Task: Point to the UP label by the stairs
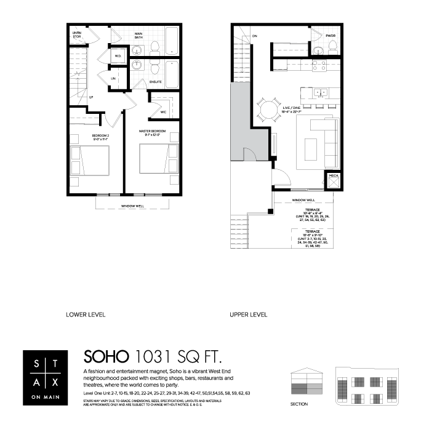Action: (91, 97)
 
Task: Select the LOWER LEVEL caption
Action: (86, 315)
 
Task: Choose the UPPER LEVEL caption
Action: (248, 315)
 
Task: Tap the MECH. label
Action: (334, 175)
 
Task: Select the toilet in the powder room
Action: (319, 49)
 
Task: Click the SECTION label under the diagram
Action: (300, 404)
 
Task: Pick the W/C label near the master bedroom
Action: (164, 112)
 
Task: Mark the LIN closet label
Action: (113, 79)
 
